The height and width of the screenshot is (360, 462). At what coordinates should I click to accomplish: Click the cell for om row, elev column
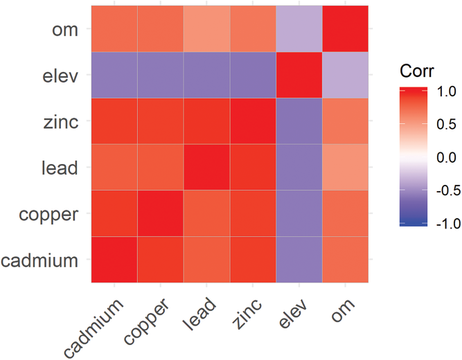pyautogui.click(x=299, y=28)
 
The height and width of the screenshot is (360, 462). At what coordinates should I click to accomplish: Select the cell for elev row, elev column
pyautogui.click(x=299, y=75)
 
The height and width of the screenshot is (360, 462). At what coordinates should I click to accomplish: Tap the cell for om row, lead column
pyautogui.click(x=206, y=28)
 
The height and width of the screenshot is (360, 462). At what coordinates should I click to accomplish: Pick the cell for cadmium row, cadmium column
pyautogui.click(x=114, y=260)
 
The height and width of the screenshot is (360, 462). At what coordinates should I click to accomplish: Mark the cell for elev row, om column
pyautogui.click(x=345, y=75)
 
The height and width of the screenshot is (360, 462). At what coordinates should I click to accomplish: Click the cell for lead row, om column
pyautogui.click(x=345, y=167)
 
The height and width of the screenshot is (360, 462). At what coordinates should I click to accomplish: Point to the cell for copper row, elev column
pyautogui.click(x=299, y=213)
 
